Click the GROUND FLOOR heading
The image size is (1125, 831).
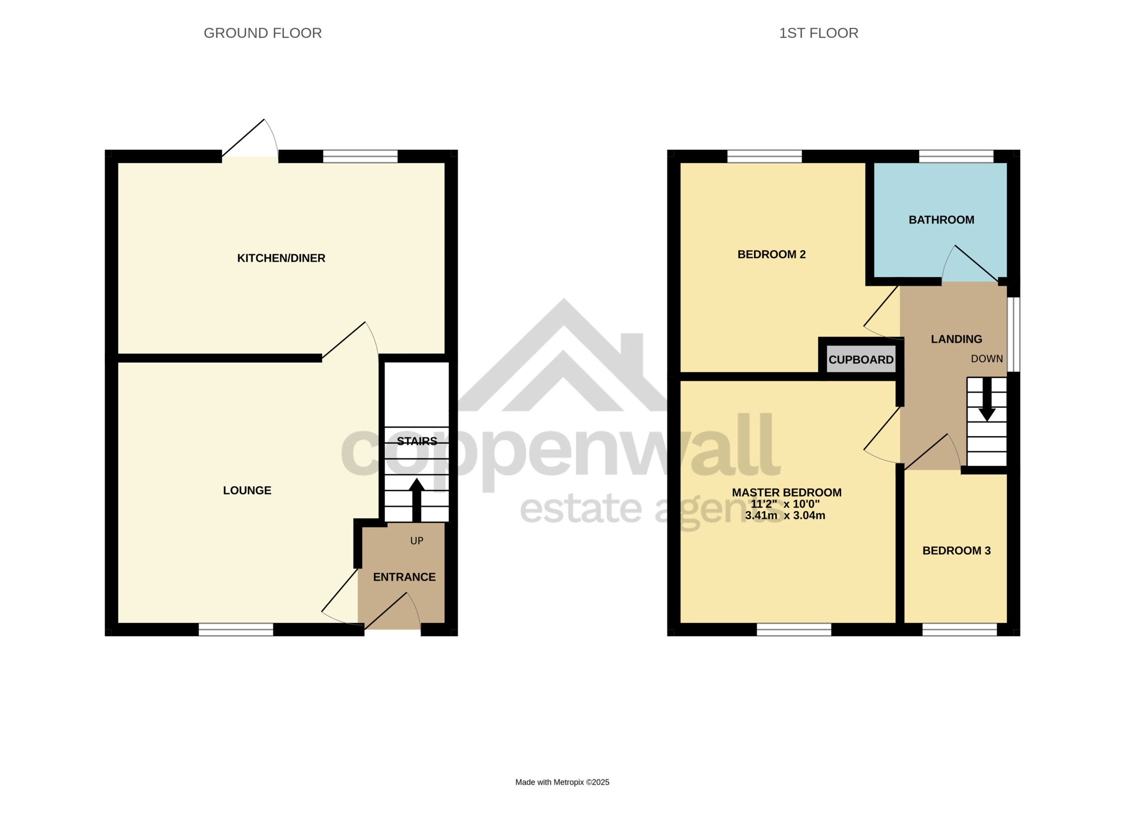pyautogui.click(x=262, y=33)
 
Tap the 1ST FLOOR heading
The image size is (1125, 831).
pyautogui.click(x=818, y=33)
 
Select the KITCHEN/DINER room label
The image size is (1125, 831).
pyautogui.click(x=281, y=258)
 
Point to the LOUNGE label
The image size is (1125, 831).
pyautogui.click(x=247, y=490)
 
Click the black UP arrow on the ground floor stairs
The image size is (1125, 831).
pyautogui.click(x=417, y=500)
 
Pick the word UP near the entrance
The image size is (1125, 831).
pyautogui.click(x=417, y=541)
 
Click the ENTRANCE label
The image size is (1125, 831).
pyautogui.click(x=404, y=577)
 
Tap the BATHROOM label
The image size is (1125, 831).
pyautogui.click(x=941, y=220)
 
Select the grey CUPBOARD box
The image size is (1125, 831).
pyautogui.click(x=861, y=359)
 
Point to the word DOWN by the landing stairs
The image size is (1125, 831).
pyautogui.click(x=987, y=359)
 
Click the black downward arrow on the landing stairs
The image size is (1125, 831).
pyautogui.click(x=987, y=399)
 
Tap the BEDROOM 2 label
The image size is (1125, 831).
pyautogui.click(x=771, y=254)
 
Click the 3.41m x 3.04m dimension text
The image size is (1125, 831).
pyautogui.click(x=785, y=515)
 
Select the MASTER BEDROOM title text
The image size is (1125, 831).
pyautogui.click(x=787, y=493)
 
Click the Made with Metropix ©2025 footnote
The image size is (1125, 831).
pyautogui.click(x=562, y=782)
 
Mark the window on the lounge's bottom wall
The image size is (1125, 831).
pyautogui.click(x=236, y=629)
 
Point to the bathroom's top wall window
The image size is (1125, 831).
pyautogui.click(x=956, y=156)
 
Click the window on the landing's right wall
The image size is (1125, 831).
pyautogui.click(x=1013, y=334)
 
